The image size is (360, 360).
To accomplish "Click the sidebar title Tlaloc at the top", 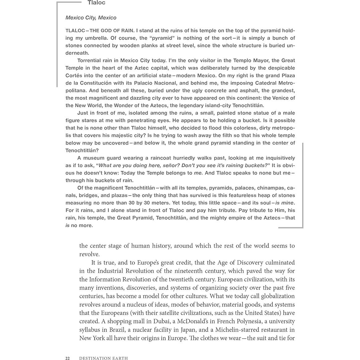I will point(96,3).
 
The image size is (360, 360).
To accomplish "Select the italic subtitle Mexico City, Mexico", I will point(91,18).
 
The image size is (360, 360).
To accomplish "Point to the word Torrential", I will point(90,60).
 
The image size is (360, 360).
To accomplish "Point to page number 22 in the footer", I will point(67,358).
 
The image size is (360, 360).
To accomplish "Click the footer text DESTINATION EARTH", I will point(103,358).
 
